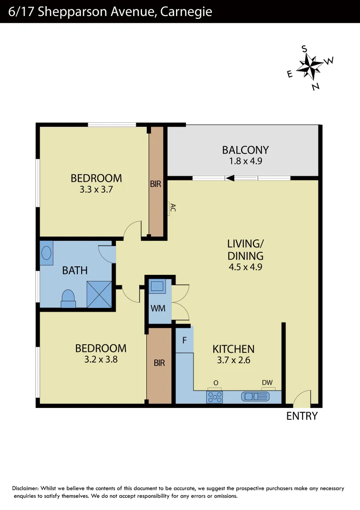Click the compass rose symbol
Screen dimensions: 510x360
click(x=310, y=67)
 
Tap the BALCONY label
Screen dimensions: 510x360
click(x=245, y=150)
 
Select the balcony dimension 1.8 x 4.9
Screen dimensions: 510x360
click(x=245, y=161)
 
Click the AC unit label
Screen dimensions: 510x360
click(x=172, y=208)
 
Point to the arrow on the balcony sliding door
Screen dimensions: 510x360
click(x=231, y=178)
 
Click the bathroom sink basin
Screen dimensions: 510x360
click(x=47, y=253)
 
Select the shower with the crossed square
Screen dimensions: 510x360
click(x=99, y=294)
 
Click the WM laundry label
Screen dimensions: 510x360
click(x=158, y=308)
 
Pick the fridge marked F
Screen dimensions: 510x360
click(x=184, y=340)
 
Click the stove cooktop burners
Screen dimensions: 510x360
click(x=215, y=397)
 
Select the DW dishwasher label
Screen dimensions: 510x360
click(x=268, y=383)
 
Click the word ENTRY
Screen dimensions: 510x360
click(x=302, y=416)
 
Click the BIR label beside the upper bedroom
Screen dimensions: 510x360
click(x=156, y=184)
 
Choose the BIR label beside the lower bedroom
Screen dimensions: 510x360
click(x=159, y=363)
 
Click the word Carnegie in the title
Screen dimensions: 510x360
click(x=186, y=11)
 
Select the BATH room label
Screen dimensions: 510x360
click(x=75, y=271)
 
